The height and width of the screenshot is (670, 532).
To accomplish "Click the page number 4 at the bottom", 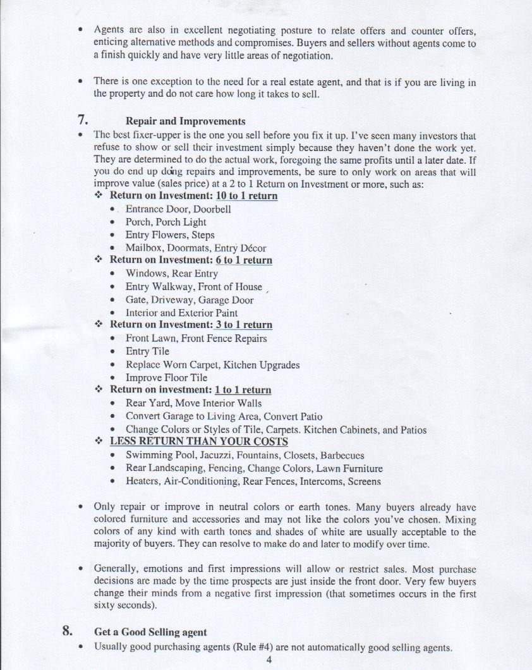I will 269,661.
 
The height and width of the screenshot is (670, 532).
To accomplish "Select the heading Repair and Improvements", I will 186,121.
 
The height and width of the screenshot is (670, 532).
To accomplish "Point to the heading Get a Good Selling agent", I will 150,632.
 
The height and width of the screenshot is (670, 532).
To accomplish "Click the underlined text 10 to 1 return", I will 246,196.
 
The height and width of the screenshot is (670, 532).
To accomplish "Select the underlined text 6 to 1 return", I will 244,260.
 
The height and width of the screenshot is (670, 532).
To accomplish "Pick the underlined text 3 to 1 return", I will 243,325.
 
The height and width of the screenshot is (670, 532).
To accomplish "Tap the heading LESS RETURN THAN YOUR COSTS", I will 199,442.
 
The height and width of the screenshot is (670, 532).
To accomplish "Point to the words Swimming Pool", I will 157,455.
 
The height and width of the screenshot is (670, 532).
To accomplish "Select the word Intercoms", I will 317,482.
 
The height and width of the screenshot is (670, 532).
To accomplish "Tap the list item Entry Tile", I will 147,351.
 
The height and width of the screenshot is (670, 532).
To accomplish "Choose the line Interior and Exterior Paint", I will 182,313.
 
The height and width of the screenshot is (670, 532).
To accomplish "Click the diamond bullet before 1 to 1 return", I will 99,390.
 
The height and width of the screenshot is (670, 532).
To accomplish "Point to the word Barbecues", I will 342,455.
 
